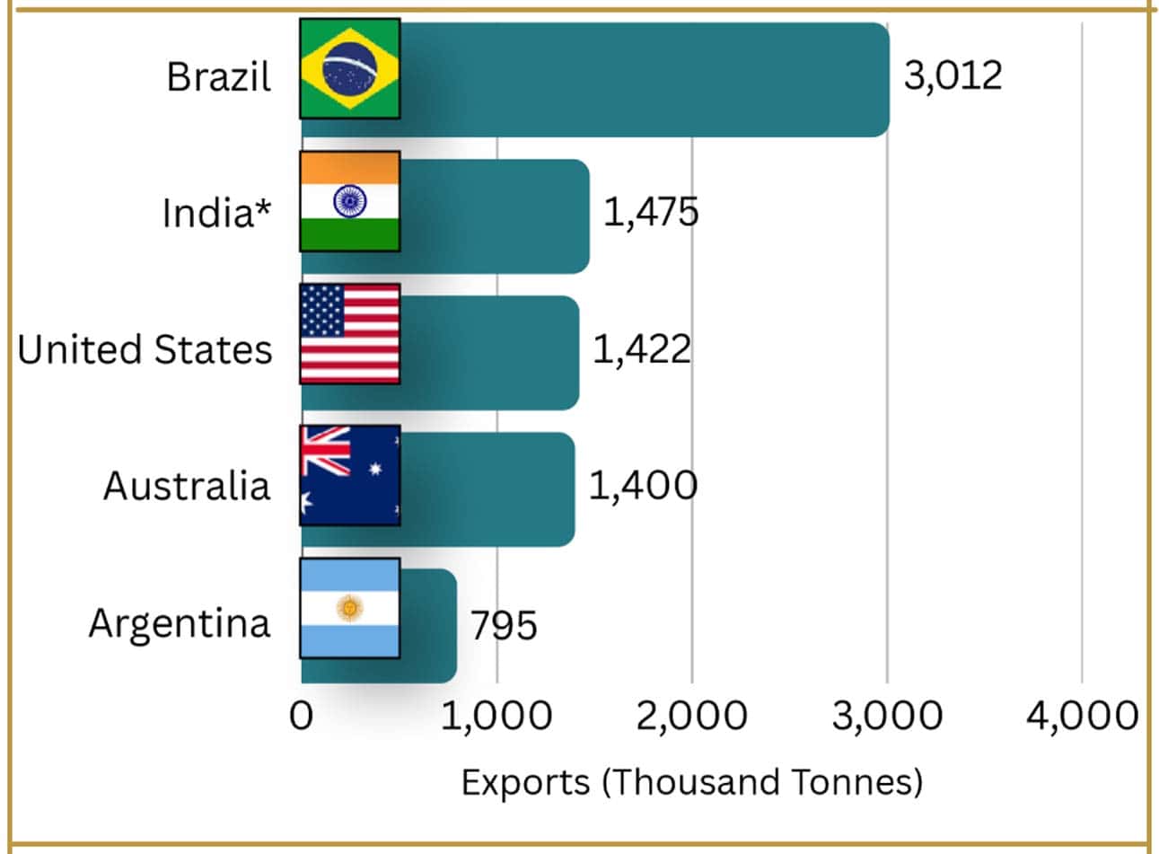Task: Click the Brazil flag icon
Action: [350, 69]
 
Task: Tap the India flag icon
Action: [350, 201]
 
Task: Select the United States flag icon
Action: [350, 334]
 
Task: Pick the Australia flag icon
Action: [350, 475]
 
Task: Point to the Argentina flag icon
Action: [350, 608]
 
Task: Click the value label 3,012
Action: [953, 76]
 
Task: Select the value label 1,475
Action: [652, 212]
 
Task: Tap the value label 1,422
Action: [642, 349]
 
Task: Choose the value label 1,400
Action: [644, 486]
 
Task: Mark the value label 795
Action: [504, 625]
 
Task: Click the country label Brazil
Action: [219, 77]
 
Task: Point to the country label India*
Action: [216, 212]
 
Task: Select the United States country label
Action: [145, 349]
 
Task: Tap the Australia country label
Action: [187, 486]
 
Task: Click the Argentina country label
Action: [180, 625]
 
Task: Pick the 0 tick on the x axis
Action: [301, 716]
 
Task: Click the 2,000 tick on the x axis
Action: [692, 717]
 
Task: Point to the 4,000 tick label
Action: [1083, 717]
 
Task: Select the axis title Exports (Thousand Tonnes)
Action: [692, 782]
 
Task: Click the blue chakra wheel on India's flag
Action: [350, 201]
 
